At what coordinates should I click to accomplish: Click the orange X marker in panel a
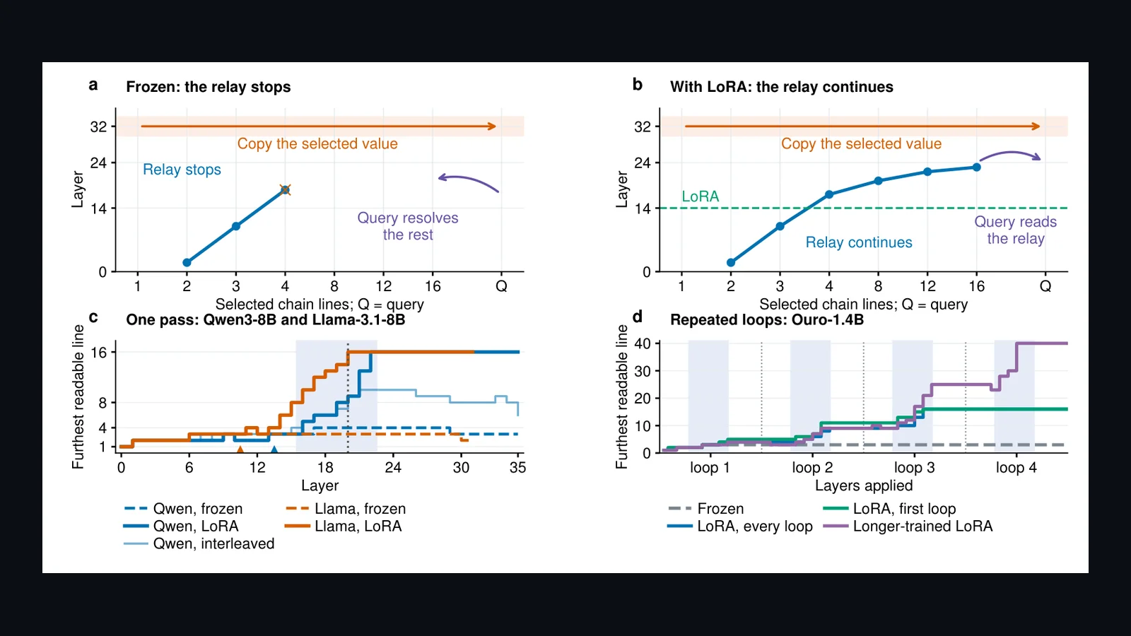pos(286,190)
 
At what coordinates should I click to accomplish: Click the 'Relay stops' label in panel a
pos(182,169)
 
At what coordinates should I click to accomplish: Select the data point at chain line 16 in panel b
pos(976,167)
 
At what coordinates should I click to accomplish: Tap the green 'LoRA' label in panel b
pos(701,196)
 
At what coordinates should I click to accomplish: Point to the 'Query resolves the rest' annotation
pos(408,226)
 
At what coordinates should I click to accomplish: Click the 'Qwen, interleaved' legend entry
pos(199,543)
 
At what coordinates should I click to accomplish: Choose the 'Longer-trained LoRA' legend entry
pos(908,526)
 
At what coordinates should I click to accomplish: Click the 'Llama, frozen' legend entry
pos(346,508)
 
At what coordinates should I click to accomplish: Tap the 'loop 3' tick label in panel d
pos(915,467)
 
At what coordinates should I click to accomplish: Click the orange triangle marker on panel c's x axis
pos(240,449)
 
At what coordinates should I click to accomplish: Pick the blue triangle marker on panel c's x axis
pos(274,449)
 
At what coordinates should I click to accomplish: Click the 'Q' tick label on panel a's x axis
pos(501,286)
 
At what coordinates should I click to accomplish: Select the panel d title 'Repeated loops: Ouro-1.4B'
pos(767,319)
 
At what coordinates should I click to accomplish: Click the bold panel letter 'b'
pos(638,84)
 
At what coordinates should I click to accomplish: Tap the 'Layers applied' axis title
pos(864,485)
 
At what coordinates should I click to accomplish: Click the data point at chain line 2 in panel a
pos(187,262)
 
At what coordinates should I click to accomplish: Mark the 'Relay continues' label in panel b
pos(859,242)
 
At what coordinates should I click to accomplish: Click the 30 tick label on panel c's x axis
pos(461,467)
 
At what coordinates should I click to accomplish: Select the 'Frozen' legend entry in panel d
pos(706,508)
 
